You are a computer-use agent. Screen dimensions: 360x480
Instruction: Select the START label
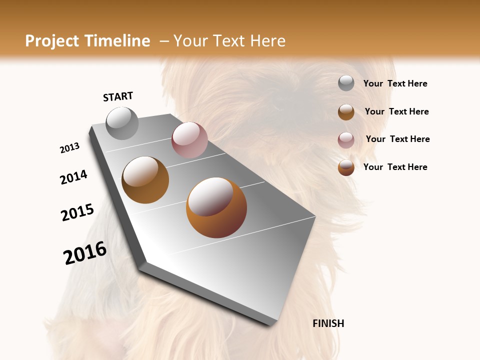(x=118, y=96)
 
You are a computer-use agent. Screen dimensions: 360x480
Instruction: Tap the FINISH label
(x=328, y=323)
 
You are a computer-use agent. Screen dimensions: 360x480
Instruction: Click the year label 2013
(x=70, y=148)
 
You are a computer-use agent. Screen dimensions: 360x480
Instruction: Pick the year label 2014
(x=73, y=177)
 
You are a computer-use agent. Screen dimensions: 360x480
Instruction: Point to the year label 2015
(x=77, y=212)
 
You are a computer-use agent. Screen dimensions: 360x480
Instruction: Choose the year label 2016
(x=85, y=253)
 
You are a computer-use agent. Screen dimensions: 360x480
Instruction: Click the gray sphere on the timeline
(x=122, y=123)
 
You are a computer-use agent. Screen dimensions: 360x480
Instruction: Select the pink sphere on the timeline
(x=189, y=139)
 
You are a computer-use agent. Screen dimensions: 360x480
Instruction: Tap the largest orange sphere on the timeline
(x=216, y=207)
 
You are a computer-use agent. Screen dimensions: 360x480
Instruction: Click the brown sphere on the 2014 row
(x=145, y=180)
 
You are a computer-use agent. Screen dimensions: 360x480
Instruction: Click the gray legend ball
(x=346, y=83)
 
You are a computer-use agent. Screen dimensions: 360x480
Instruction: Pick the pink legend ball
(x=346, y=140)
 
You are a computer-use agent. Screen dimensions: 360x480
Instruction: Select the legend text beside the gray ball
(x=395, y=83)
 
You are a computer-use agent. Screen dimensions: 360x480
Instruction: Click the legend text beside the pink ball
(x=397, y=139)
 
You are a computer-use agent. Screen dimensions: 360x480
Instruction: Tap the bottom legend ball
(x=346, y=167)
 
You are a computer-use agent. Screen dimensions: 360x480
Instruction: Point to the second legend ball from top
(x=346, y=112)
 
